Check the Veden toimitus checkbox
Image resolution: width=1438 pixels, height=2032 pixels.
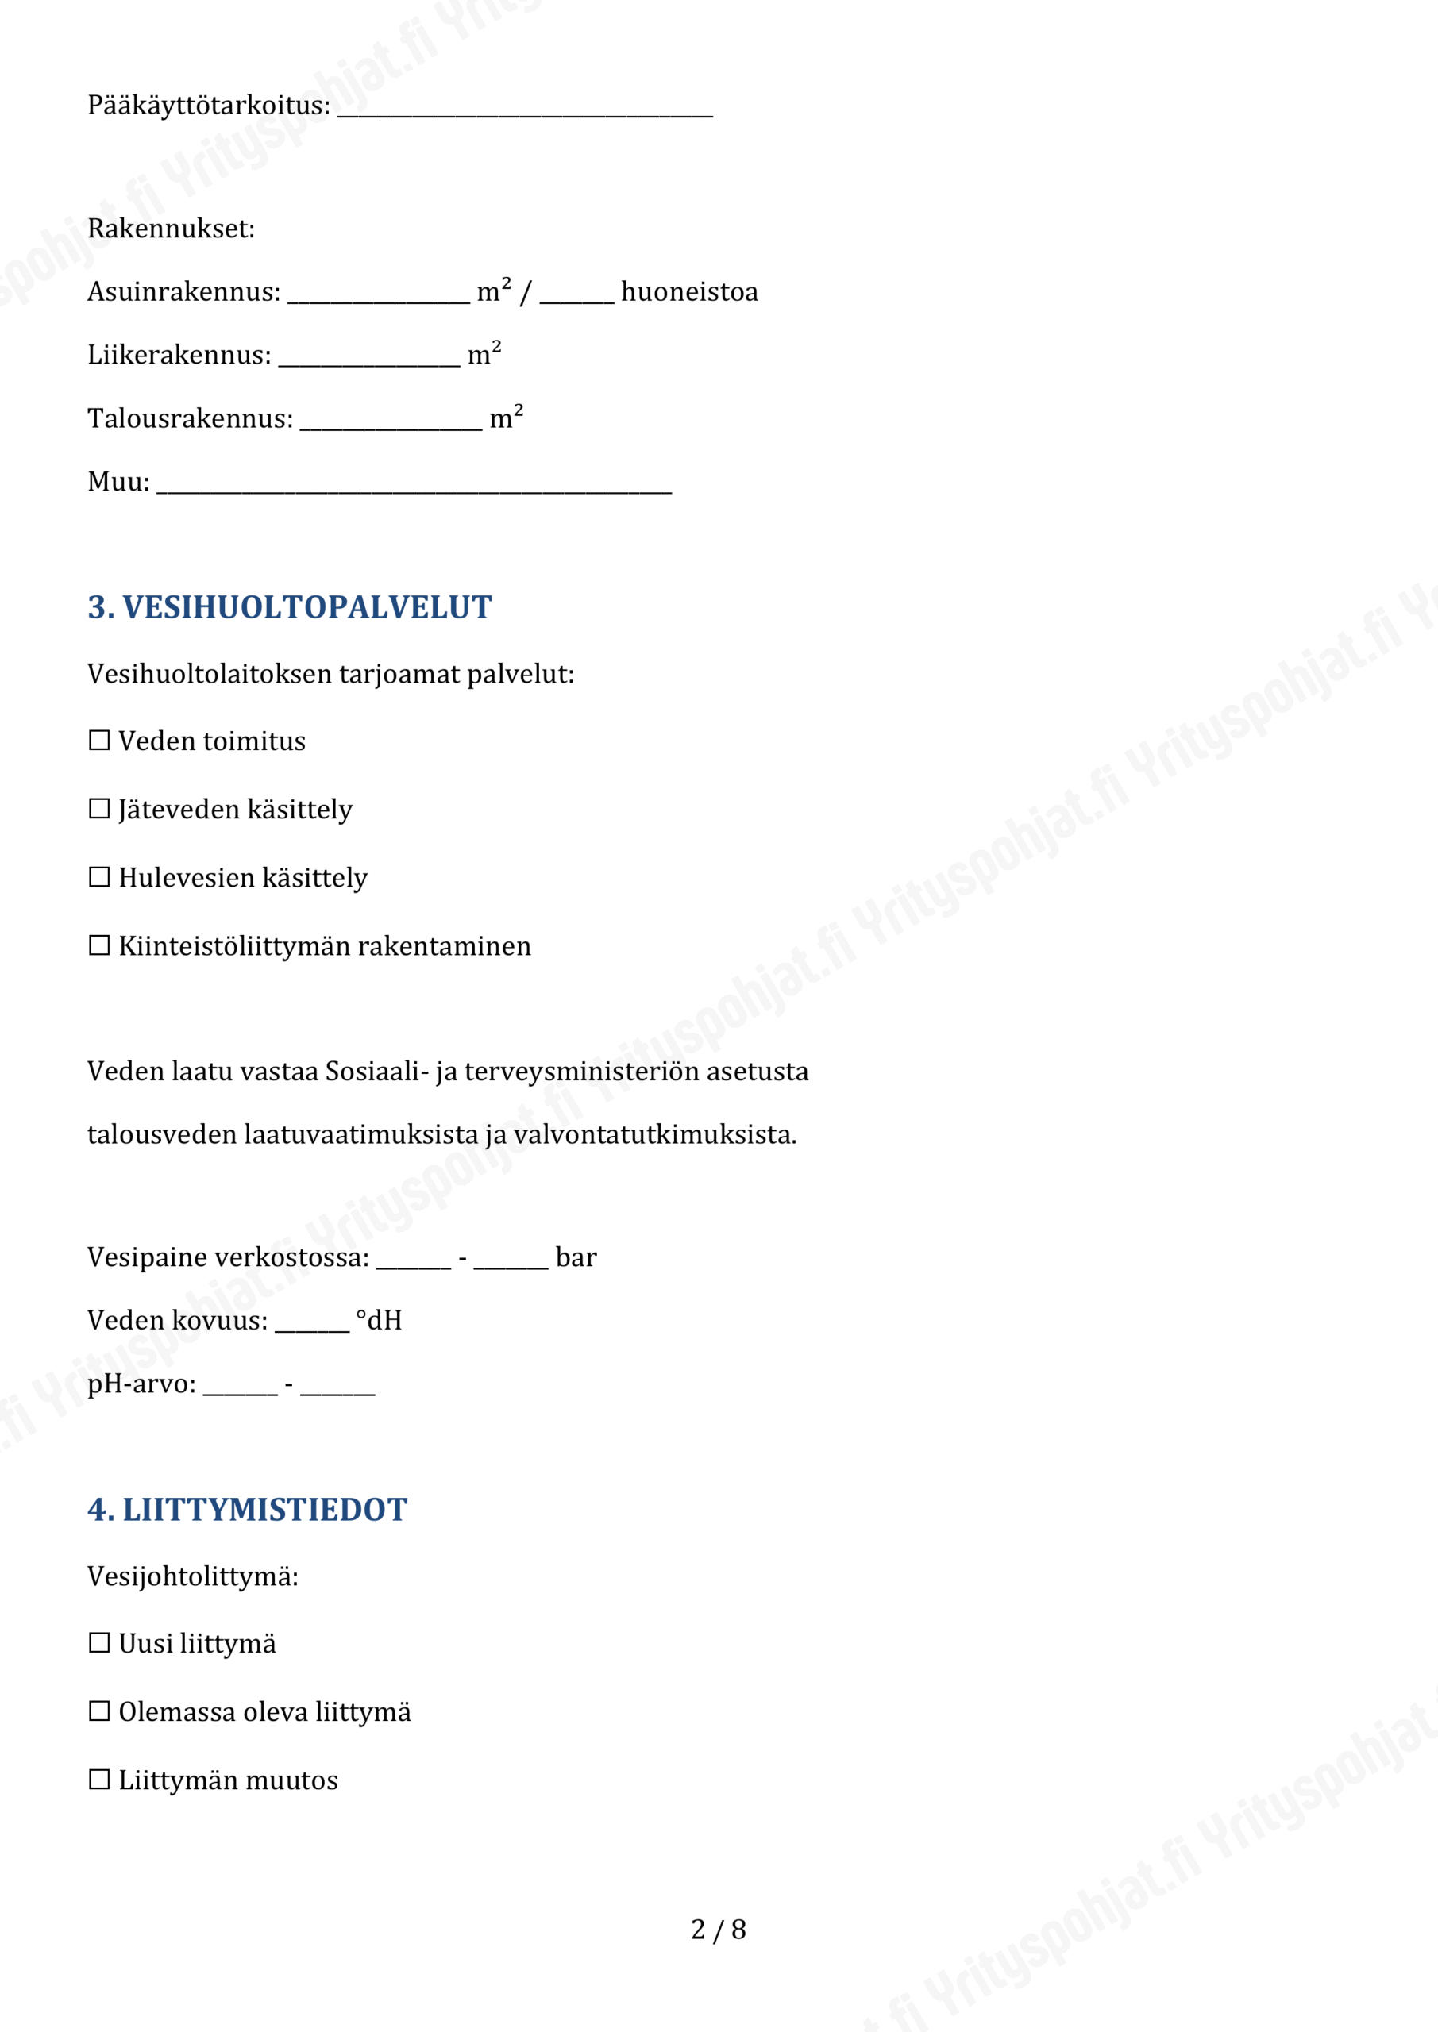(x=99, y=740)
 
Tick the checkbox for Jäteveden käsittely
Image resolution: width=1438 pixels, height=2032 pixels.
(x=99, y=808)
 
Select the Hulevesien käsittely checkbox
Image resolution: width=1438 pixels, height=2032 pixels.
(x=99, y=876)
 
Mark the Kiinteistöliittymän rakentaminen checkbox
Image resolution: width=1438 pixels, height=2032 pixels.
(x=99, y=945)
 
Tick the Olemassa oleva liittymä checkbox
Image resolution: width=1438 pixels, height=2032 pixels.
(x=99, y=1711)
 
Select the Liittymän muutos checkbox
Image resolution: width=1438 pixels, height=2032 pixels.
(x=99, y=1779)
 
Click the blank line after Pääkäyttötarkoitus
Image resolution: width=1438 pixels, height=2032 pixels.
(x=524, y=108)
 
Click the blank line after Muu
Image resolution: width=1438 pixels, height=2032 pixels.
(x=414, y=484)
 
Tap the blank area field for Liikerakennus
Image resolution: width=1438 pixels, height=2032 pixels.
(x=369, y=357)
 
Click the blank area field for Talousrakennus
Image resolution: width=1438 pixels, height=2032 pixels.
(x=391, y=421)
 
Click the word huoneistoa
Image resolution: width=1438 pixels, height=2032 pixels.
(x=689, y=292)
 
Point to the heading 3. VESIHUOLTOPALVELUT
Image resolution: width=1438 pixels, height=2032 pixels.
(x=290, y=607)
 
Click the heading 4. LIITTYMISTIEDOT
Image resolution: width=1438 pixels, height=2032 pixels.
(x=247, y=1510)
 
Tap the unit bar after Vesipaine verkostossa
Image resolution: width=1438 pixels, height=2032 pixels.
(x=576, y=1257)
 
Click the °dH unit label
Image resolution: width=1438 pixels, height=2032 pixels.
(x=379, y=1321)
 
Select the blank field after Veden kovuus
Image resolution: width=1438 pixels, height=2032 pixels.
(x=312, y=1323)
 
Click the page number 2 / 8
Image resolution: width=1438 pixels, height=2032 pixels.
(x=718, y=1930)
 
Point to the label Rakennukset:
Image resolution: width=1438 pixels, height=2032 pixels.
(x=171, y=229)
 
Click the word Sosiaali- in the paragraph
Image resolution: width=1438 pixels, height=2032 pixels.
(x=377, y=1071)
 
